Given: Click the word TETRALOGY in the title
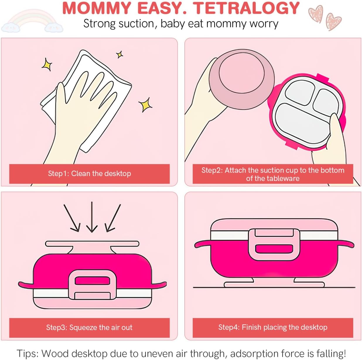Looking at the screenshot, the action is pos(246,8).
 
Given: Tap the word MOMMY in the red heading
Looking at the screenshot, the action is pos(97,8).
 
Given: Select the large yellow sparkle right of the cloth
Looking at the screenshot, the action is pos(145,105).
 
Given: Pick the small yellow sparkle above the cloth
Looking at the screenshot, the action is pos(119,55).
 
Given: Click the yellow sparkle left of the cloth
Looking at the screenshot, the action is pos(47,65).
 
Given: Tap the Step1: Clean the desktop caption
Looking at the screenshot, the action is pos(89,173).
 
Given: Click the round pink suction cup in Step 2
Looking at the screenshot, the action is pos(242,79).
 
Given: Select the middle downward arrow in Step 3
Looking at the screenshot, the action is pos(92,217).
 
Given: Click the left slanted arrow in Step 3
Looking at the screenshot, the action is pos(72,218).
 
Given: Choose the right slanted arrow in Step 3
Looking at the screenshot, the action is pos(112,218).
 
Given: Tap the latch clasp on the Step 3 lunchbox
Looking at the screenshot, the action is pos(92,285).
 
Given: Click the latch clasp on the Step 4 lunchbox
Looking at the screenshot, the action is pos(274,245).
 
